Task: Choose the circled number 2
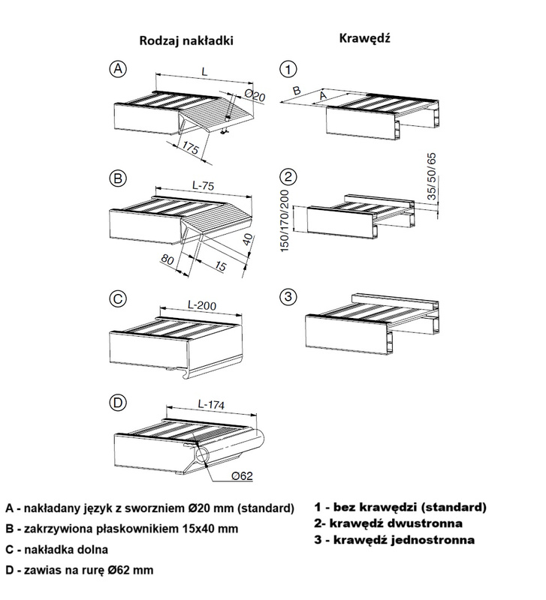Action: click(288, 178)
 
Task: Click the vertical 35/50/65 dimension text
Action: click(430, 178)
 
